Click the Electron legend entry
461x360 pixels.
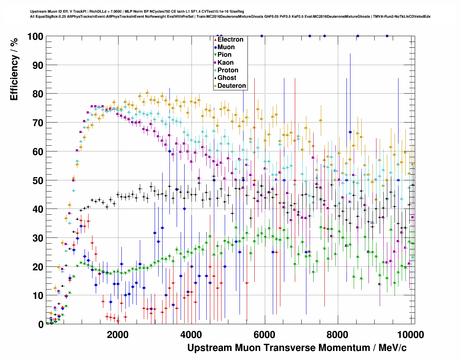(x=230, y=39)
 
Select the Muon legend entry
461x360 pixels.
(x=226, y=47)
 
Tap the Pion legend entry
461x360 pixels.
(x=224, y=55)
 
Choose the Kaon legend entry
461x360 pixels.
(x=225, y=63)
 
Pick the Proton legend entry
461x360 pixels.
(x=228, y=70)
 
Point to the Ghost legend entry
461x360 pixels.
(x=227, y=78)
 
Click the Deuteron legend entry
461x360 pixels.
(x=231, y=86)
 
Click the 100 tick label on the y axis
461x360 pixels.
(x=35, y=37)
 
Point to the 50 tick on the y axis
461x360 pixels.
(x=38, y=180)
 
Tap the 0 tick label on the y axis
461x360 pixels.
(x=40, y=324)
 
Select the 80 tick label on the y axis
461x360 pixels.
(x=38, y=94)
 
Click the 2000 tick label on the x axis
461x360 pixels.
(x=118, y=335)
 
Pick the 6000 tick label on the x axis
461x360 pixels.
(x=264, y=335)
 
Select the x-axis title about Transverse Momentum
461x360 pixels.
(x=297, y=348)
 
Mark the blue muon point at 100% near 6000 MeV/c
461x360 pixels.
(x=262, y=36)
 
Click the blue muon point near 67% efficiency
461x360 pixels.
(x=350, y=132)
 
